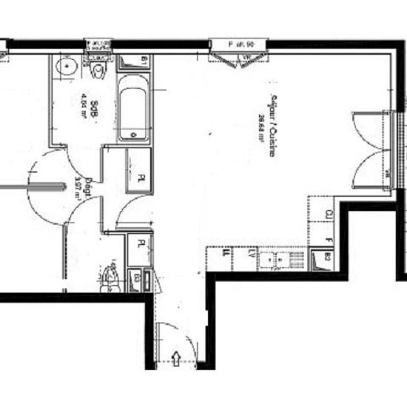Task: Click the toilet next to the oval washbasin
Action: [x=98, y=72]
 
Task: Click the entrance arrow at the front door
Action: [x=177, y=360]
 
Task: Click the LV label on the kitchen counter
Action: [x=255, y=255]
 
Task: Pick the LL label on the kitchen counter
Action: [x=228, y=255]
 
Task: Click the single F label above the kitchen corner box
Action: [x=328, y=240]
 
